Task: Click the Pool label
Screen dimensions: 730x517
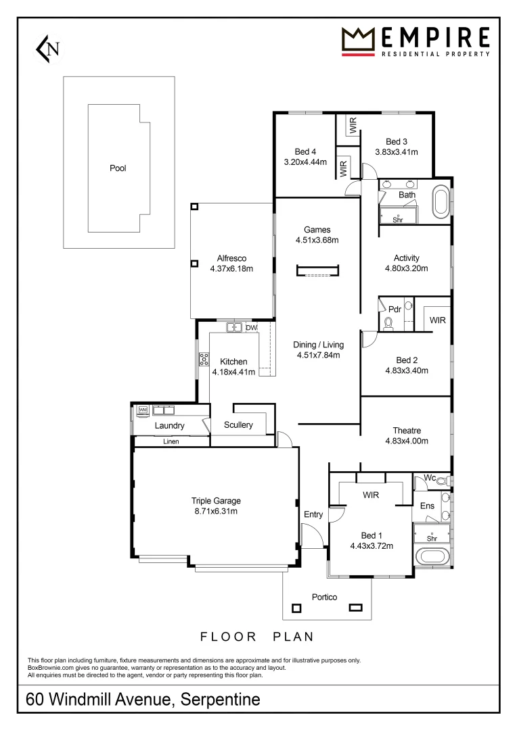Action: click(118, 168)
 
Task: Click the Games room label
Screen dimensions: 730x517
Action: click(317, 230)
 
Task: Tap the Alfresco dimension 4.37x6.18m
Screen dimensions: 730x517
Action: click(231, 268)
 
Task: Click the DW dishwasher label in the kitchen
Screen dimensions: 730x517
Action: click(251, 328)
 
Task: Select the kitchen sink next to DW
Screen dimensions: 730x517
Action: click(234, 328)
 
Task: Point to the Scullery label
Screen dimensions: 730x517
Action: click(238, 425)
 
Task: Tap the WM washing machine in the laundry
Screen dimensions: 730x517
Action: click(143, 410)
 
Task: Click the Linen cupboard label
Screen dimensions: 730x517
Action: click(171, 441)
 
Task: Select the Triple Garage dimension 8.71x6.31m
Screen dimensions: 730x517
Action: click(216, 511)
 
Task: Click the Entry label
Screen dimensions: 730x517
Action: click(313, 515)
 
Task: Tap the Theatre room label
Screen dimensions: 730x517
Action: click(407, 431)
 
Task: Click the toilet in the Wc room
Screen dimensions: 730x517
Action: click(442, 481)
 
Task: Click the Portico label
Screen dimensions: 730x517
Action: click(324, 597)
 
